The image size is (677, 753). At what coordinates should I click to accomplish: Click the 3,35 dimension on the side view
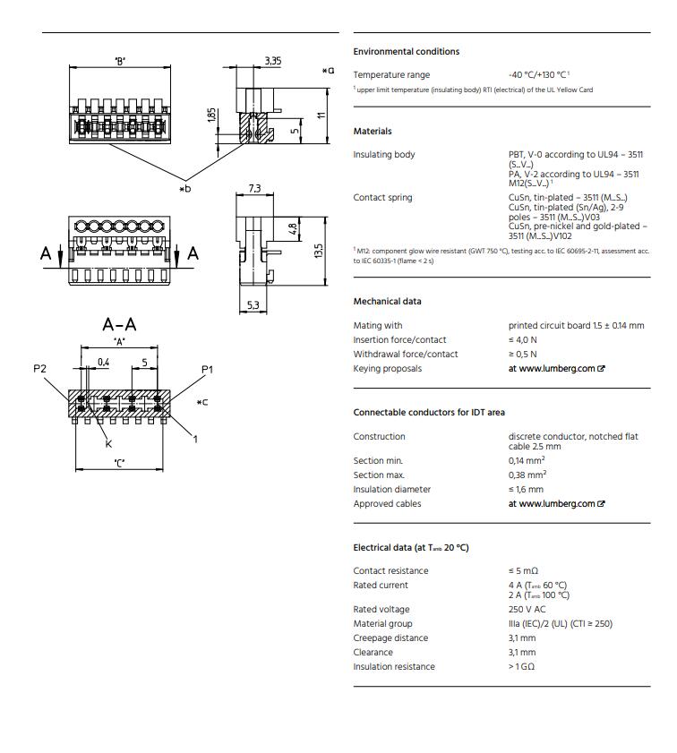coord(273,61)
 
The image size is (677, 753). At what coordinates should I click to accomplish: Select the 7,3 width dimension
coord(254,188)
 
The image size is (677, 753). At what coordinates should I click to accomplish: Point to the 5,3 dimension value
coord(253,306)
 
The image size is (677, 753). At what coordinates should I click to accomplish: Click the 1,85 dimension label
coord(211,116)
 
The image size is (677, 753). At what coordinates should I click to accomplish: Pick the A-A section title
coord(119,324)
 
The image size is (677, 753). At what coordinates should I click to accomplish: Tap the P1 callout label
coord(207,369)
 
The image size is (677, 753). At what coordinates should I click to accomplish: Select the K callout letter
coord(108,443)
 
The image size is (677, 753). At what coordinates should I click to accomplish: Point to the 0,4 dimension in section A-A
coord(103,363)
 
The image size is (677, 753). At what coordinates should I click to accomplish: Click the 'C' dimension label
coord(119,462)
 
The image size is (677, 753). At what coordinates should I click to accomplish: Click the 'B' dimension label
coord(119,61)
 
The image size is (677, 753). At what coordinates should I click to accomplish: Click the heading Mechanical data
coord(387,302)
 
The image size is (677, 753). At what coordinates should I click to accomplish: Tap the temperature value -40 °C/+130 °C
coord(537,75)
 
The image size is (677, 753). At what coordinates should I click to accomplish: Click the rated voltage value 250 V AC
coord(527,610)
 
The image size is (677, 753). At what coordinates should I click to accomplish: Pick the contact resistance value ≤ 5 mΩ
coord(523,571)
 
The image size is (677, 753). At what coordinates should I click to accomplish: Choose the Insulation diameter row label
coord(391,490)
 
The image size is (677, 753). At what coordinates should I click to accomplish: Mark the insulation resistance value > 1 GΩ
coord(522,667)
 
